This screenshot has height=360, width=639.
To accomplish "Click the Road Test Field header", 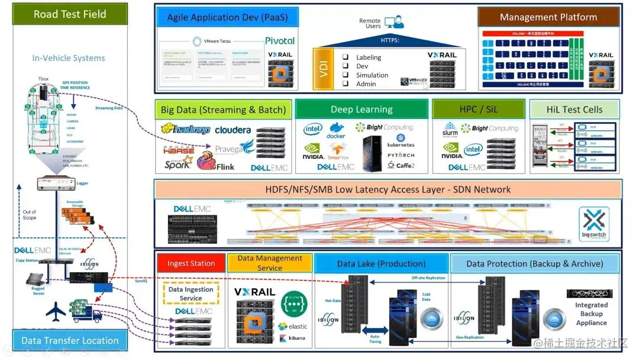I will click(x=70, y=14).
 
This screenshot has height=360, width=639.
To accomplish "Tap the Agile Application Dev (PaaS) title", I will click(x=227, y=17).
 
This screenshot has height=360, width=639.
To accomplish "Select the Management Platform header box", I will click(x=548, y=17).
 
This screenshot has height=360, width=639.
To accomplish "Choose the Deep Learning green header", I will click(x=362, y=110).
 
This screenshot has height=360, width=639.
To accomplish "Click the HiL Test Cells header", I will click(x=575, y=110).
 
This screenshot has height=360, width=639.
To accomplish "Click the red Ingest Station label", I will click(x=191, y=263).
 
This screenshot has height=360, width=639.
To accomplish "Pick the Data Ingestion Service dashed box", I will click(x=191, y=294).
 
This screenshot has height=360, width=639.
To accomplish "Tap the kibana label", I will click(x=293, y=338).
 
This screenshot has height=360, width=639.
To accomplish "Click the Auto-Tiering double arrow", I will click(x=373, y=329).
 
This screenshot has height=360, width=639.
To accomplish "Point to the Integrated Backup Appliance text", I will click(x=591, y=314).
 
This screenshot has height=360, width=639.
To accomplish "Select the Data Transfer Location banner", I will click(x=70, y=340).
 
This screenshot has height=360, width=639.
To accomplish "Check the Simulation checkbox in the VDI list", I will click(x=346, y=75).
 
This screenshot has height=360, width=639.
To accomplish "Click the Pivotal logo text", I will click(x=280, y=41).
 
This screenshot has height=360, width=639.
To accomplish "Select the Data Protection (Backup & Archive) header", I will click(x=534, y=263).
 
